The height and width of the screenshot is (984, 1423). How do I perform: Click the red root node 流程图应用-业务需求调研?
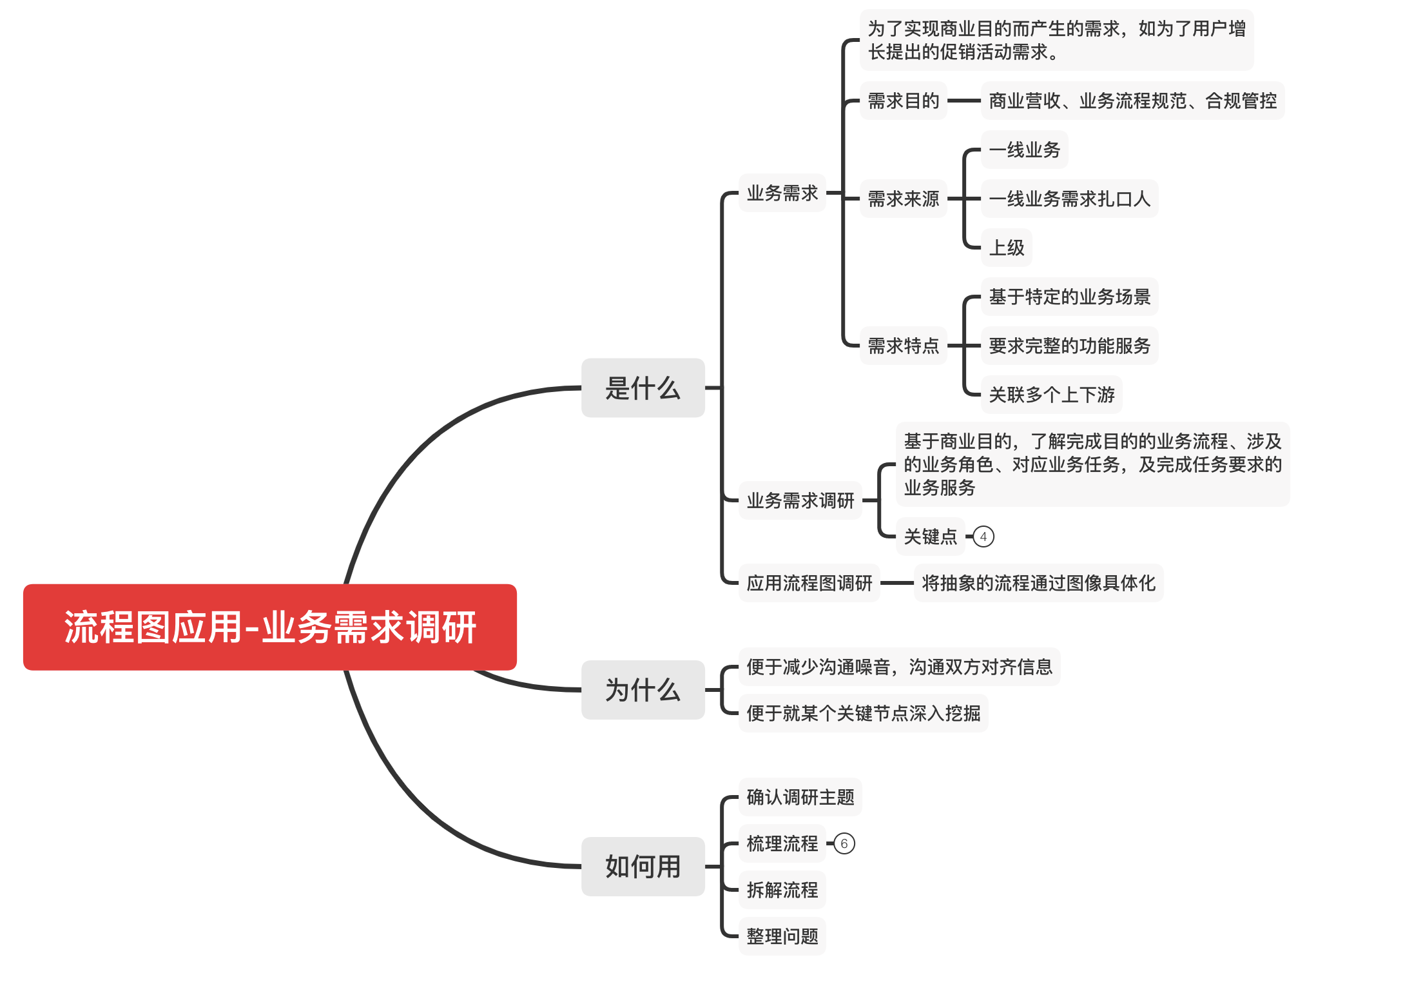point(269,627)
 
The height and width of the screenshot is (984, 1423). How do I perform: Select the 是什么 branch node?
point(643,388)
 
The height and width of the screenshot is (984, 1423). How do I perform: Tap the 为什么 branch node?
point(643,690)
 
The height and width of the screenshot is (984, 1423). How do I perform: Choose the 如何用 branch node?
point(643,867)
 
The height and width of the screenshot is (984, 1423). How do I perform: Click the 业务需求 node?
point(782,193)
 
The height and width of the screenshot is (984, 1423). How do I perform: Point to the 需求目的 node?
point(903,101)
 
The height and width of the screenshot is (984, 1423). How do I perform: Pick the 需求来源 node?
point(903,199)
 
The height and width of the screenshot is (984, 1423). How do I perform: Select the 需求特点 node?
point(903,346)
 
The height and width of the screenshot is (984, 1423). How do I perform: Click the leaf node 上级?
point(1006,248)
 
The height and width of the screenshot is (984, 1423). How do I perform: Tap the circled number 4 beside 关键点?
point(983,536)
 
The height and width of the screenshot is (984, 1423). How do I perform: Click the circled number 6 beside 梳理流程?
point(844,843)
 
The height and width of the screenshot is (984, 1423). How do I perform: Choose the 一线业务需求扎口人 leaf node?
point(1069,199)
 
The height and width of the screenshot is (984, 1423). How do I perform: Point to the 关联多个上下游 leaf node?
point(1051,395)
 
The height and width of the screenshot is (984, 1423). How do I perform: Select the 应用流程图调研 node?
point(809,583)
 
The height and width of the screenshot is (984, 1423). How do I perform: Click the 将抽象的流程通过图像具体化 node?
point(1038,583)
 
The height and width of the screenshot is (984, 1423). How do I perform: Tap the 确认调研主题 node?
point(800,797)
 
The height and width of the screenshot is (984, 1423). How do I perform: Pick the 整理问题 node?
point(782,936)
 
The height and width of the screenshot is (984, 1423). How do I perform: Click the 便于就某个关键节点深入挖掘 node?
point(863,713)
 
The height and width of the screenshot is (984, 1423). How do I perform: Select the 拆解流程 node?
point(782,890)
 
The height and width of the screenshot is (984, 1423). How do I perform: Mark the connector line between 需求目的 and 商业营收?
point(964,101)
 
